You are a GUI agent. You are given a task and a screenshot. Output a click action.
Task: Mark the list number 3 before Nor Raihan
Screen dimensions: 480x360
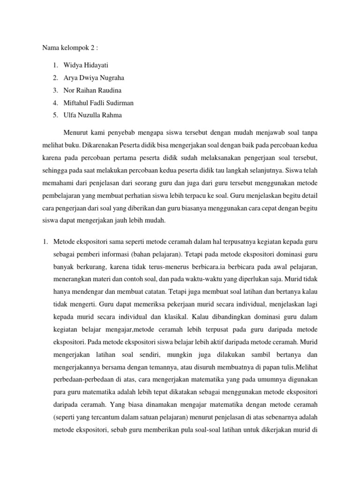[55, 90]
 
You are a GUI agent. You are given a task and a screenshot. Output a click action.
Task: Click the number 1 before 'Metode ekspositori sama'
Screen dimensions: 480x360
[45, 229]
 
